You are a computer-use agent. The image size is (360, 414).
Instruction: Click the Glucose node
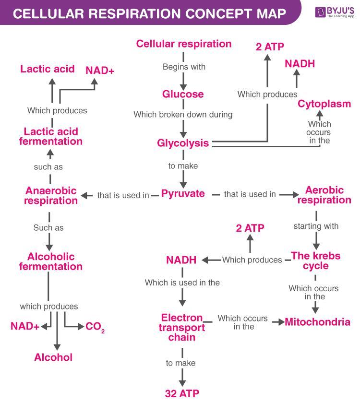tap(183, 94)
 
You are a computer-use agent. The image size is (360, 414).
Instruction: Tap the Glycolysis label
tap(183, 143)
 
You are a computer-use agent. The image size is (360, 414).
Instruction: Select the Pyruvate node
tap(183, 194)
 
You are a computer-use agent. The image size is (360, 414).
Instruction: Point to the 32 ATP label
tap(182, 393)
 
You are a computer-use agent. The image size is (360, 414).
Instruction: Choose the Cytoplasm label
tap(324, 104)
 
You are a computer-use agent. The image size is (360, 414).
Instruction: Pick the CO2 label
tap(95, 327)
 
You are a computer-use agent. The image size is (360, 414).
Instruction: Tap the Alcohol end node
tap(53, 357)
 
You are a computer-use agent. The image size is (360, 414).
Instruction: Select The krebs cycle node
tap(315, 260)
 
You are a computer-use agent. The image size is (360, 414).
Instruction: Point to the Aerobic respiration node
tap(324, 195)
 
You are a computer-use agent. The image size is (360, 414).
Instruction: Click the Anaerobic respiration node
tap(51, 196)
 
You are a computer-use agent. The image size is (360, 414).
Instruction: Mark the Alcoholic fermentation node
tap(51, 261)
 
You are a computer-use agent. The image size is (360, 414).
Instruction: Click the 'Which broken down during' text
tap(183, 115)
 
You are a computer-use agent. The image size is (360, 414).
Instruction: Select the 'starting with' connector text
tap(316, 225)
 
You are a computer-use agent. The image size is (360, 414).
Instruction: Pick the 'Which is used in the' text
tap(182, 283)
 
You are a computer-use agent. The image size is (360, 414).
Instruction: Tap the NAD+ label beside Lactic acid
tap(100, 71)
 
